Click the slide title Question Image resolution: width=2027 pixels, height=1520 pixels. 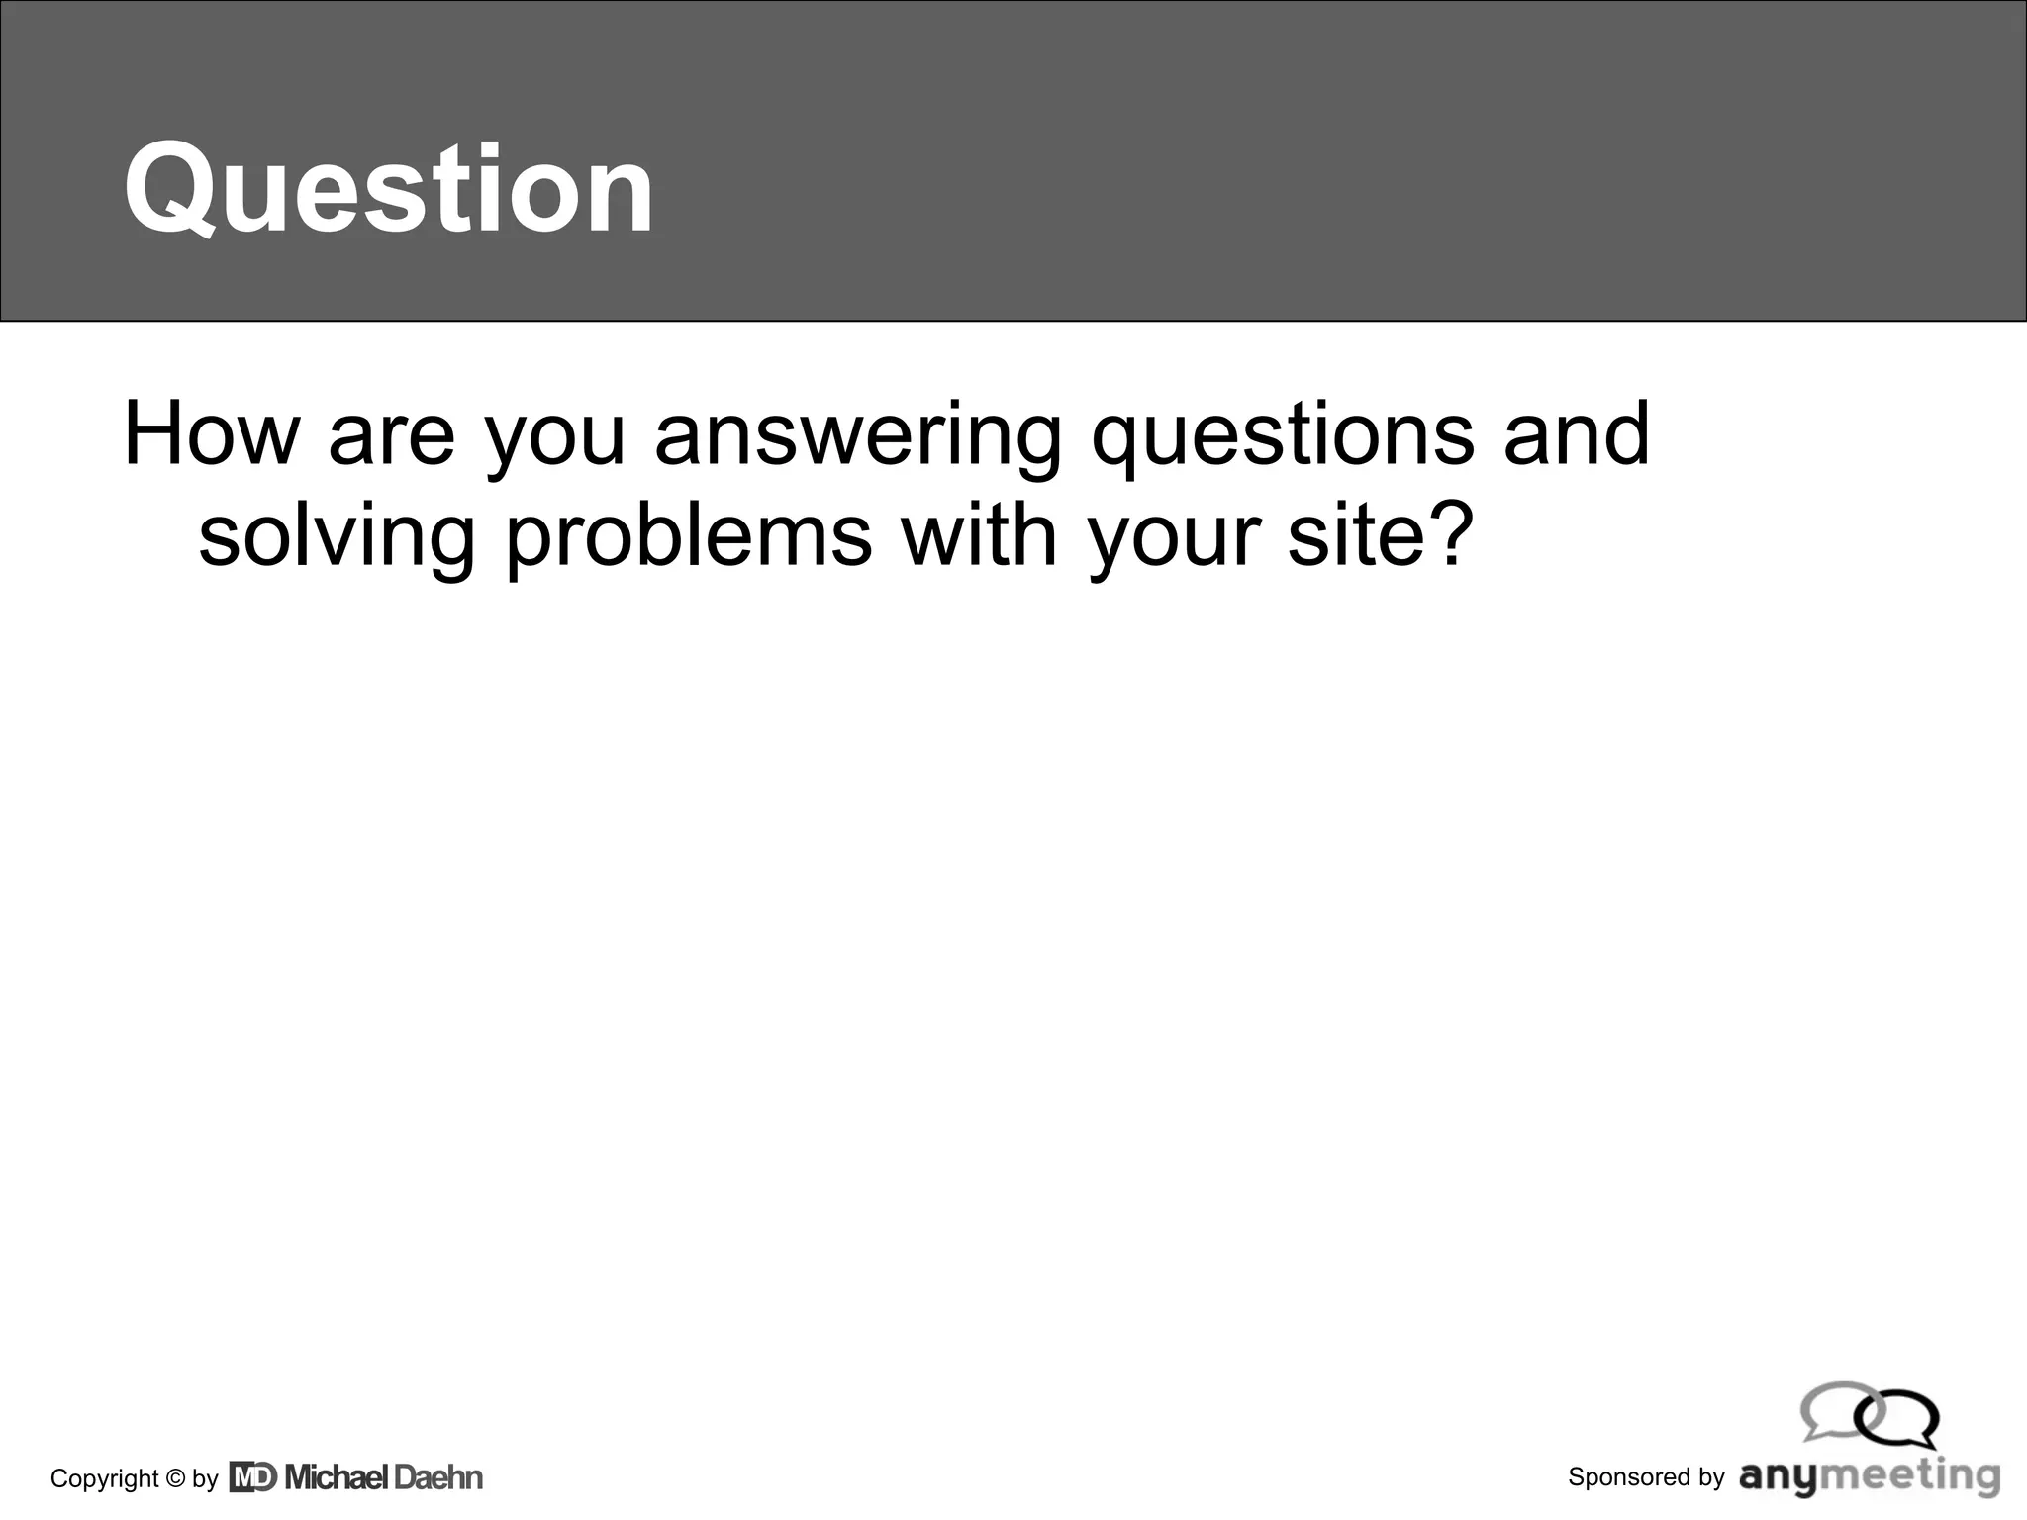pos(388,188)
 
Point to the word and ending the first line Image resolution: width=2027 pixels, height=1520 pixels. pos(1576,434)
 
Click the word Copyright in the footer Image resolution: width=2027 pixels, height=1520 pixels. pos(105,1479)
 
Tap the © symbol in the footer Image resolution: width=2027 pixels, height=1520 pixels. pos(176,1478)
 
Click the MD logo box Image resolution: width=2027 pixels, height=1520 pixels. pos(253,1477)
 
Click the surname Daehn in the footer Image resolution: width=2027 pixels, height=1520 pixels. pos(438,1477)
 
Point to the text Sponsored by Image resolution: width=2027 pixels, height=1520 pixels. pos(1646,1477)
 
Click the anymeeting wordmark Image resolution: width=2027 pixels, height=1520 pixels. pos(1870,1477)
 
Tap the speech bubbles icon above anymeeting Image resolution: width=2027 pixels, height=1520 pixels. pos(1869,1414)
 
